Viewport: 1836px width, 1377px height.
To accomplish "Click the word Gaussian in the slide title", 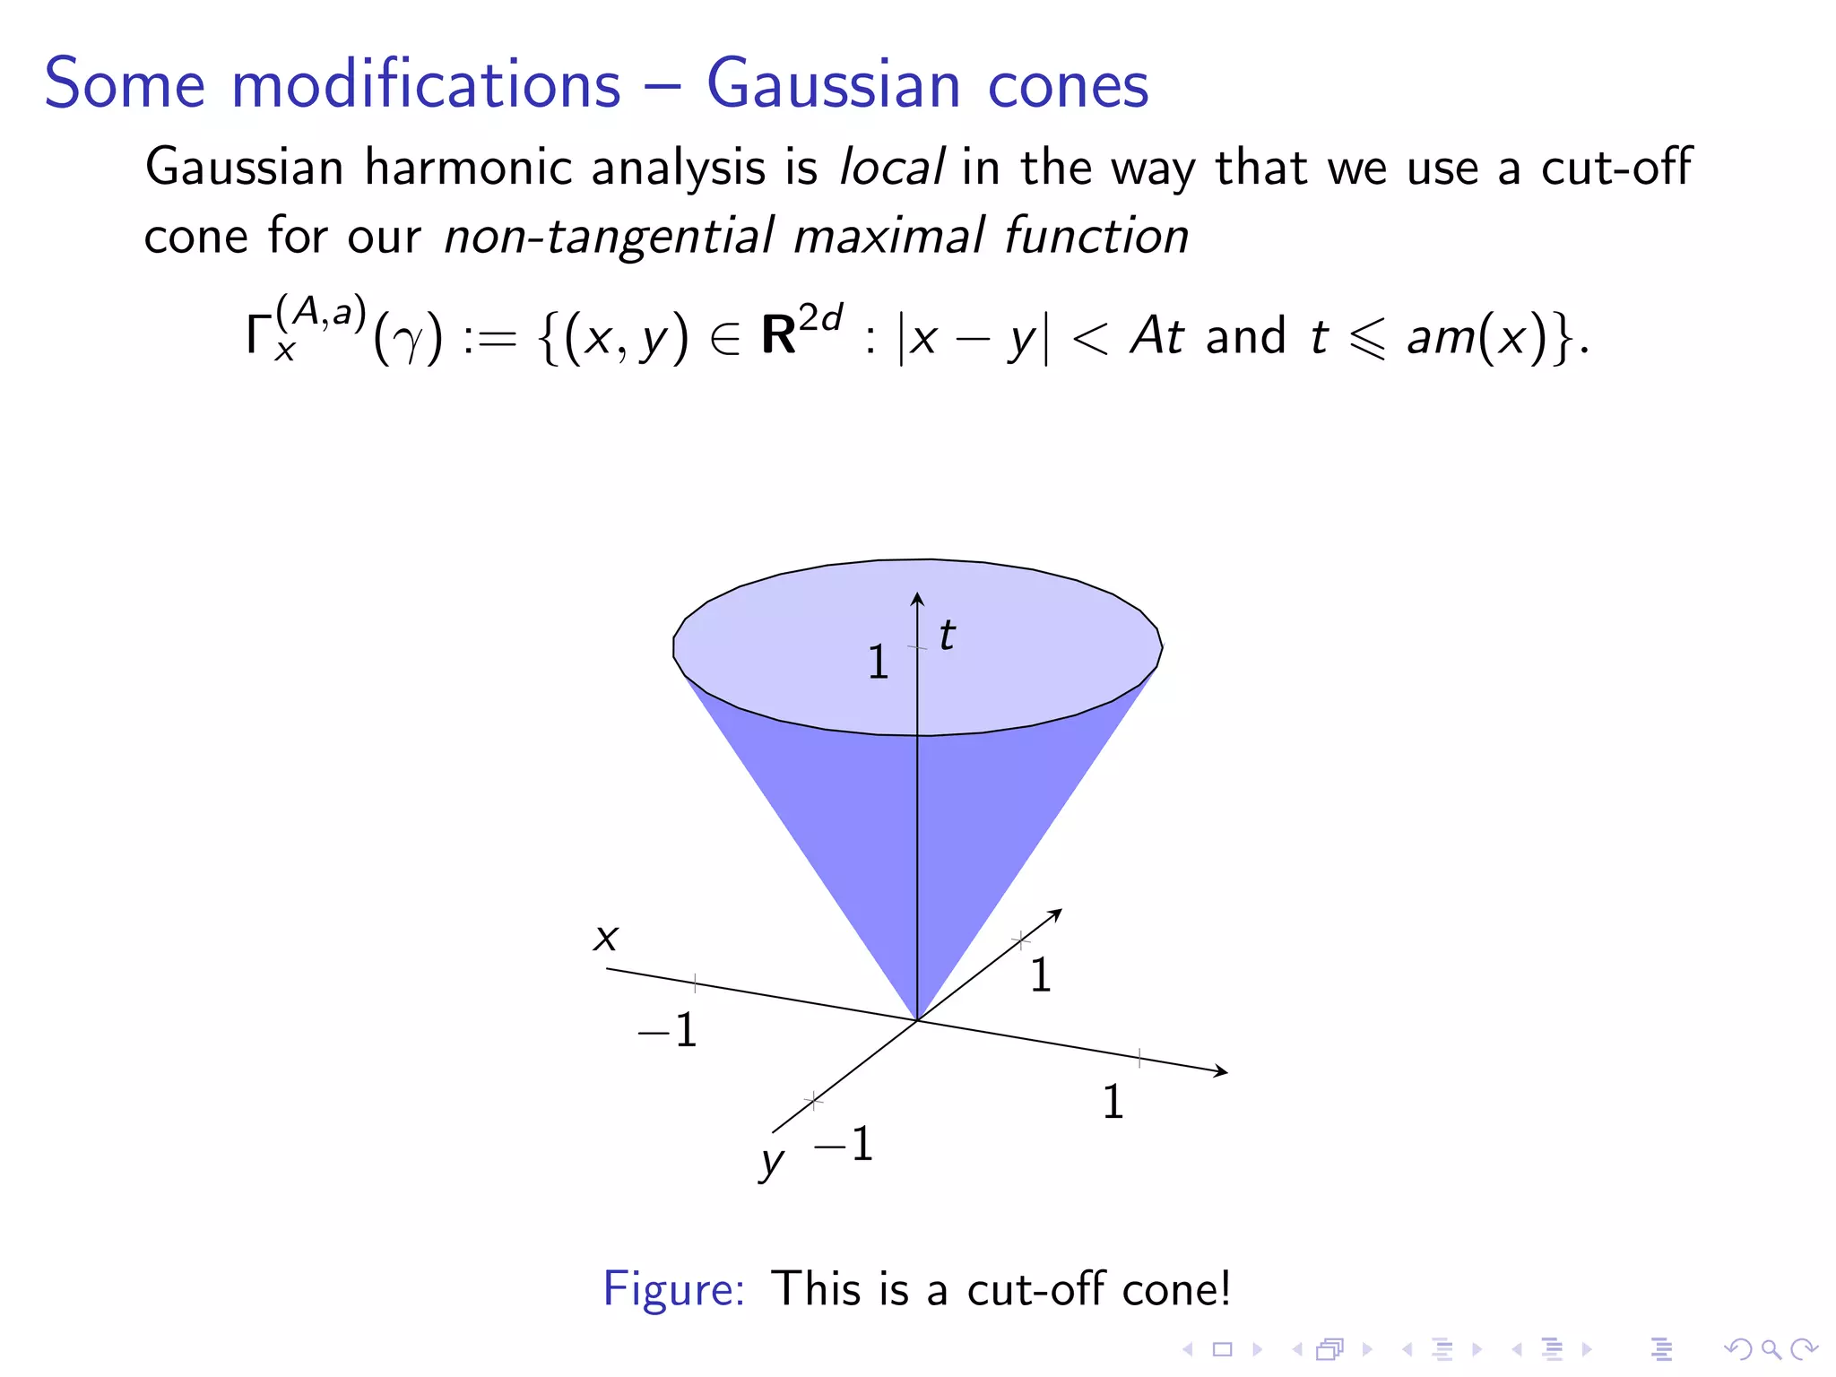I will coord(834,84).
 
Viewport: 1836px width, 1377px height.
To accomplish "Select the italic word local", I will coord(890,168).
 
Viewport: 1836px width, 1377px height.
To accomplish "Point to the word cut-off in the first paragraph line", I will coord(1615,168).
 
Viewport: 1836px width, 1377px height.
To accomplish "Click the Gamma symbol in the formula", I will coord(258,334).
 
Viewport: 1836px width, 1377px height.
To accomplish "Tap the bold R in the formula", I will coord(778,336).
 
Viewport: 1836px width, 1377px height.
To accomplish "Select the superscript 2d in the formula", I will coord(821,318).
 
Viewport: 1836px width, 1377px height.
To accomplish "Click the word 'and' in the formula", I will coord(1245,336).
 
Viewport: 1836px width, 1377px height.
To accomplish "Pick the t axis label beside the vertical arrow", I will coord(947,636).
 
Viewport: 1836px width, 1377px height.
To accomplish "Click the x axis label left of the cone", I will coord(606,938).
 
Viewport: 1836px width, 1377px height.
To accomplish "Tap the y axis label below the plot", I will coord(771,1162).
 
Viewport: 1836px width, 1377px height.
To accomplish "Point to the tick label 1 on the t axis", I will coord(878,663).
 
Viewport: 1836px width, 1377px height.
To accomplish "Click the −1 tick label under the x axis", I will coord(668,1030).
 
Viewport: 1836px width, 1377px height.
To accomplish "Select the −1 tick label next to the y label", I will coord(844,1144).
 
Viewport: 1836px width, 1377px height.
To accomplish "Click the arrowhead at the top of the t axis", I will coord(917,598).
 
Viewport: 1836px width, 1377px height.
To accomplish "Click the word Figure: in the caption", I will coord(673,1289).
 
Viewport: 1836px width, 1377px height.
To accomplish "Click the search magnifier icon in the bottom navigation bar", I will coord(1770,1348).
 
